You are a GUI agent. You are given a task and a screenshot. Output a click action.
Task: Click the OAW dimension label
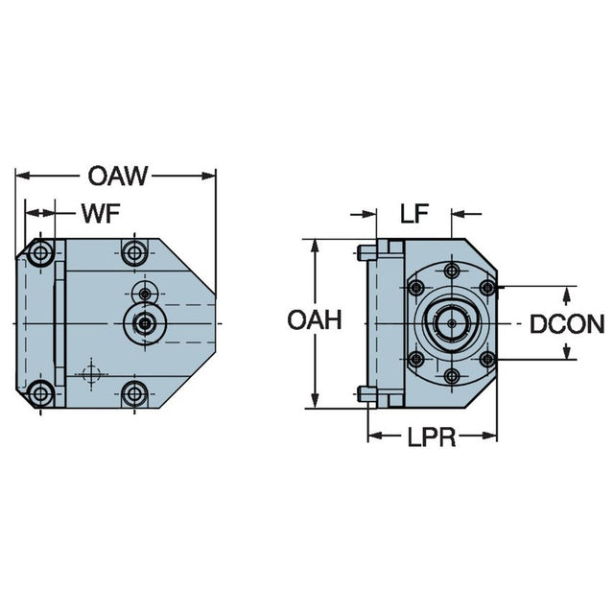[118, 176]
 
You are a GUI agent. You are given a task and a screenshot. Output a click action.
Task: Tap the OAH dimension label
[314, 321]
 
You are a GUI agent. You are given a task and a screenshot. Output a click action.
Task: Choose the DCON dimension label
[567, 323]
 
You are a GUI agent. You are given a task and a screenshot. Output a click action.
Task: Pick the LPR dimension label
[429, 438]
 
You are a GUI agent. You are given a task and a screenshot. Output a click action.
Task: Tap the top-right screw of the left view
[133, 254]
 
